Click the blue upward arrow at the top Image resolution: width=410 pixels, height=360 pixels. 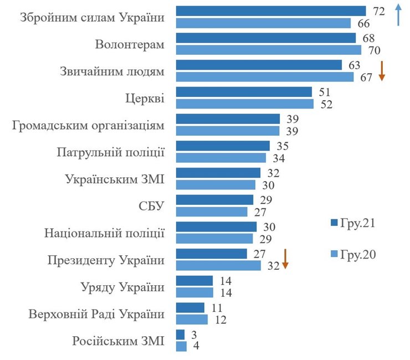coord(397,14)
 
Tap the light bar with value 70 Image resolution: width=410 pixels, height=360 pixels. coord(268,50)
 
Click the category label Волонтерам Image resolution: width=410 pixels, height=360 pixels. coord(130,44)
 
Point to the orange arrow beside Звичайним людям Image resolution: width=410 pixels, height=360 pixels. coord(381,71)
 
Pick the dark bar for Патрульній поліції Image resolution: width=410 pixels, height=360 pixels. coord(223,146)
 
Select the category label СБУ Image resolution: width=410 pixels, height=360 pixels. coord(151,206)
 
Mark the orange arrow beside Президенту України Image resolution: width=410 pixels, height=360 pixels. coord(285,259)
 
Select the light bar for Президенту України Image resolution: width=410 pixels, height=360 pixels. coord(218,265)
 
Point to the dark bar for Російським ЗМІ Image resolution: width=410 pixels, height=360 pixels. coord(181,335)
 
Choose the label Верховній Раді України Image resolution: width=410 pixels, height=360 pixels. coord(96,314)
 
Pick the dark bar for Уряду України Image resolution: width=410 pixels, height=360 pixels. coord(194,281)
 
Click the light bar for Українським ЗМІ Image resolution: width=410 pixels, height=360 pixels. coord(216,184)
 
